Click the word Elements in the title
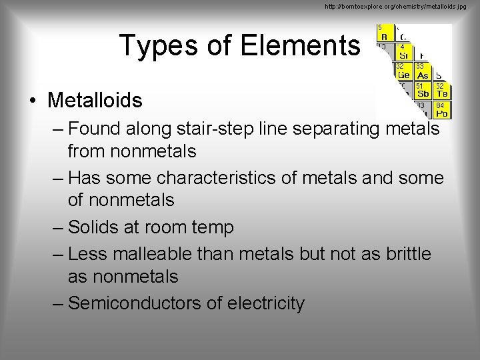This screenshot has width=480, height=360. pyautogui.click(x=299, y=45)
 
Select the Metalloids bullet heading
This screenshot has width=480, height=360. pyautogui.click(x=95, y=101)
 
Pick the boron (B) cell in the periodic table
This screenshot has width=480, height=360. pyautogui.click(x=385, y=33)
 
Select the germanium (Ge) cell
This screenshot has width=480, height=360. pyautogui.click(x=403, y=72)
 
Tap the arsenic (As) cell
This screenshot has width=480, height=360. pyautogui.click(x=423, y=72)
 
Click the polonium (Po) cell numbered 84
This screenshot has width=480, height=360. pyautogui.click(x=441, y=110)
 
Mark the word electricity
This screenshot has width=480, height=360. pyautogui.click(x=266, y=303)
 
